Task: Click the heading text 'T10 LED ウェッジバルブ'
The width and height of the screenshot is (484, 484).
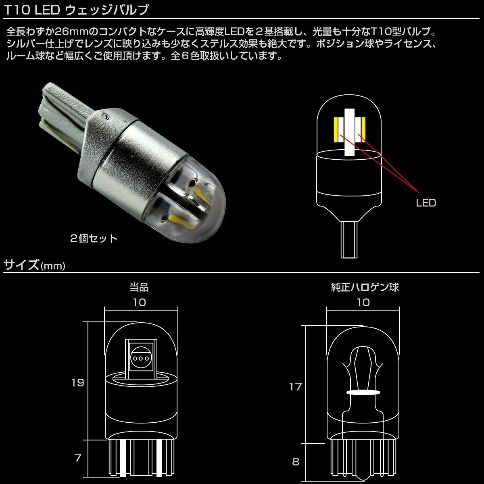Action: (76, 10)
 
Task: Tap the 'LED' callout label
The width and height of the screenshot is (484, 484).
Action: (426, 203)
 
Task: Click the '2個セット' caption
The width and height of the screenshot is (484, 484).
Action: (94, 238)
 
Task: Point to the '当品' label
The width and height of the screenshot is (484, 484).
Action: (139, 287)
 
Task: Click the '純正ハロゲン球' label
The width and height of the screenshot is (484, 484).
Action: (365, 287)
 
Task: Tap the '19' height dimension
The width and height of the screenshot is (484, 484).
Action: (77, 383)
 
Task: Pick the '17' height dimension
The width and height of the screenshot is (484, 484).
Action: (295, 387)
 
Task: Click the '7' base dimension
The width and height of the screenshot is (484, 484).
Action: (78, 457)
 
